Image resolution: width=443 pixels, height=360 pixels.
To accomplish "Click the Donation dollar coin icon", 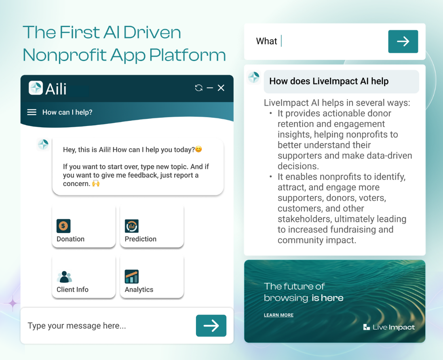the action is point(63,226).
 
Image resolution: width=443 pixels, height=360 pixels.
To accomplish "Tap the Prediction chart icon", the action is point(132,226).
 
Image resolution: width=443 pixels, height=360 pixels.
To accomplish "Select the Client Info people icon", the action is point(64,277).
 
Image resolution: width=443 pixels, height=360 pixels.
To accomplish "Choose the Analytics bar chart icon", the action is point(132,276).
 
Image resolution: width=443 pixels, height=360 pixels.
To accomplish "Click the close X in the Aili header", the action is point(221,88).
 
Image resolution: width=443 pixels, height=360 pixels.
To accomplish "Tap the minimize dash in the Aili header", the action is point(210,88).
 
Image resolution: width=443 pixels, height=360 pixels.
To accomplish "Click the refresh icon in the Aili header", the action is point(198,88).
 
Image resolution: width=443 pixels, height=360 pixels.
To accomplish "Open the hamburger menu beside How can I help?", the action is point(32,112).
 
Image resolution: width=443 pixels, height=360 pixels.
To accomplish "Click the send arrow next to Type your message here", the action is point(211,326).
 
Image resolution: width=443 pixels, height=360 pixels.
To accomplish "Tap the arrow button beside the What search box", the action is point(403,42).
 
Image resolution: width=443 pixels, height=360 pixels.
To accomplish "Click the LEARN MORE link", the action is point(278,315).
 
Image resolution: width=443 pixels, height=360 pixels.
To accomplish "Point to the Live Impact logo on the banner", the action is point(389,327).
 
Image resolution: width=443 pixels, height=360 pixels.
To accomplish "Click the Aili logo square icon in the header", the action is point(36,88).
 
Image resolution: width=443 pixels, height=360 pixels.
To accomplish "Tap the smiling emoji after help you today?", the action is point(198,149).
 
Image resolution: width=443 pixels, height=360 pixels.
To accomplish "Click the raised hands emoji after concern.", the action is point(96,183).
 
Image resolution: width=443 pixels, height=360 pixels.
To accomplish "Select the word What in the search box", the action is point(266,41).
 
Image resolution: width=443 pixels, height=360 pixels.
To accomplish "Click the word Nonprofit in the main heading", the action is point(64,55).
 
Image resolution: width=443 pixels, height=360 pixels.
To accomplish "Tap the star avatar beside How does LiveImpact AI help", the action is point(254,77).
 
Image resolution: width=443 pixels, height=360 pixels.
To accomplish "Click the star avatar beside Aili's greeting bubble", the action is point(43,144).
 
